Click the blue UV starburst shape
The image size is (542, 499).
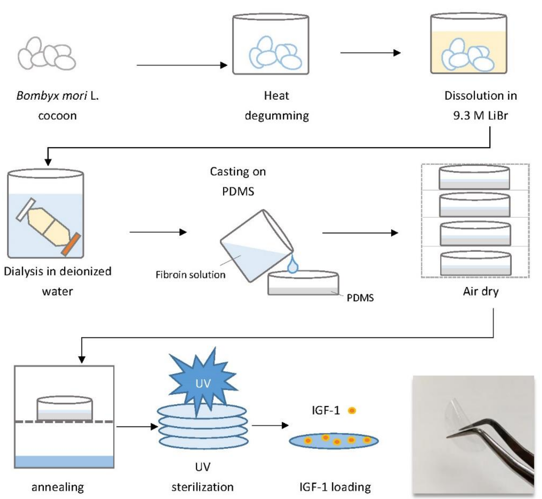pyautogui.click(x=203, y=383)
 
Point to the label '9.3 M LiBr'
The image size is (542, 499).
pyautogui.click(x=480, y=116)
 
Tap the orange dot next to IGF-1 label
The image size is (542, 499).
pyautogui.click(x=352, y=411)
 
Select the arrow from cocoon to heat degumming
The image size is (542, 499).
pyautogui.click(x=182, y=65)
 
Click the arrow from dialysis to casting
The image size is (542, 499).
pyautogui.click(x=158, y=232)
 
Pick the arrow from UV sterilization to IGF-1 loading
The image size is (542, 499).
pyautogui.click(x=270, y=426)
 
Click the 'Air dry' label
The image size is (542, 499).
pyautogui.click(x=481, y=292)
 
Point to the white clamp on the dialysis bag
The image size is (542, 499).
pyautogui.click(x=26, y=210)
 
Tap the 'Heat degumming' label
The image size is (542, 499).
pyautogui.click(x=277, y=106)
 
